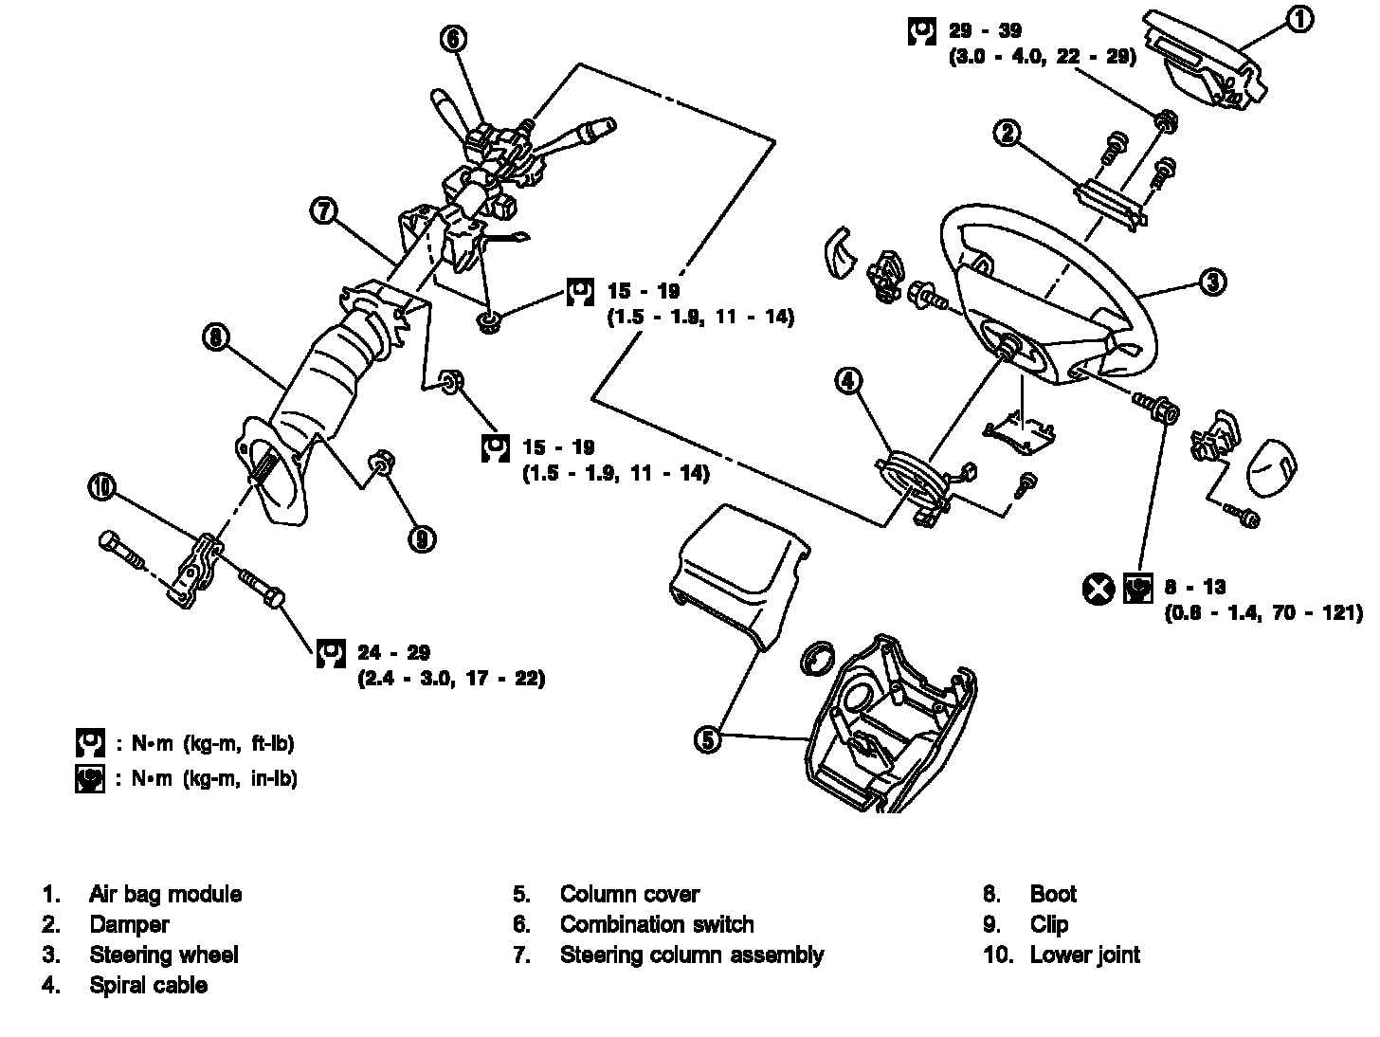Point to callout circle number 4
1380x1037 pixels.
click(848, 380)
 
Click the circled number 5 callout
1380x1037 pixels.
click(708, 739)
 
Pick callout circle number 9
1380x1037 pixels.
click(422, 538)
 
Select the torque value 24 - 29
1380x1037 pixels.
click(393, 652)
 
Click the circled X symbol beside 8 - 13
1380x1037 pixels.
click(1099, 589)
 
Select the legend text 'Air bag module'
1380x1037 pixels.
click(165, 894)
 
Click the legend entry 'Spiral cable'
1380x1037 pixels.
click(148, 985)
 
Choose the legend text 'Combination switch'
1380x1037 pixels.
click(657, 924)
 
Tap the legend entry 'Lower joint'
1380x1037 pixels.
click(1084, 955)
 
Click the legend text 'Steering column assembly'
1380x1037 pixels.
click(691, 955)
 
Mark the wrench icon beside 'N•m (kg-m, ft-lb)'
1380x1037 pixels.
click(90, 742)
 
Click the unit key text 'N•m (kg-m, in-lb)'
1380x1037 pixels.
click(207, 778)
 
